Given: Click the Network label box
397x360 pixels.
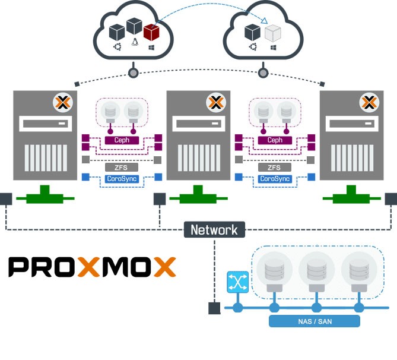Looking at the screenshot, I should click(x=214, y=230).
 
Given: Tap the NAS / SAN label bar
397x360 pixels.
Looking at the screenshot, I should click(x=315, y=321).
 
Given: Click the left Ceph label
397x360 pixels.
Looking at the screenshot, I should click(x=121, y=140).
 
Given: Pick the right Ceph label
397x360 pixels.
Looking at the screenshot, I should click(x=274, y=140).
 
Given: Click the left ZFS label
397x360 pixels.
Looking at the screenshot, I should click(x=121, y=168).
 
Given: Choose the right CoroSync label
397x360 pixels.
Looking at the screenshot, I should click(x=274, y=178).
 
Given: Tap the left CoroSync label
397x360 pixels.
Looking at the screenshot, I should click(x=121, y=178).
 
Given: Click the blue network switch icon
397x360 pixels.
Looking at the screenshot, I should click(x=237, y=282).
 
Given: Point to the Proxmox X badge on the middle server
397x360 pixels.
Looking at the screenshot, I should click(x=215, y=103).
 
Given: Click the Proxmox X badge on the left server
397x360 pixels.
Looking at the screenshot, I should click(x=62, y=103).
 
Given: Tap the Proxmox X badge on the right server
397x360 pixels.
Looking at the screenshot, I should click(x=369, y=103).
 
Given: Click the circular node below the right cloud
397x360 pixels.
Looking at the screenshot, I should click(x=262, y=73).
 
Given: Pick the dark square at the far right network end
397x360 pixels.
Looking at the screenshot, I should click(x=391, y=198).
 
